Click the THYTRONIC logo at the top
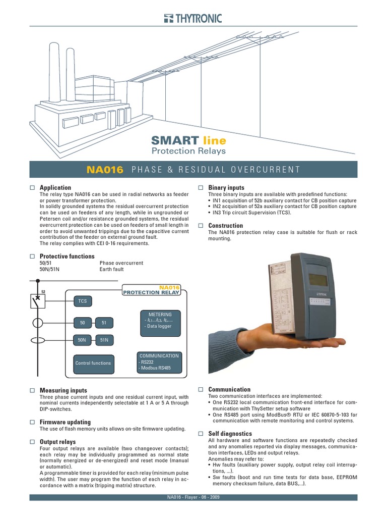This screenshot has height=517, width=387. coord(192,19)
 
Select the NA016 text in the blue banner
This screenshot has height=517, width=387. coord(105,170)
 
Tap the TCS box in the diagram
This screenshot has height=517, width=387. coord(82,301)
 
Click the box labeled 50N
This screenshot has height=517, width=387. coord(82,340)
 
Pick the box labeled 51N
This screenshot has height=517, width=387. coord(104,340)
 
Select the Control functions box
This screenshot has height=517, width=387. coord(93,363)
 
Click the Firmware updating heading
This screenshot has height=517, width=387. coord(65,422)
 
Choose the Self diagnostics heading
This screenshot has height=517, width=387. coord(230,434)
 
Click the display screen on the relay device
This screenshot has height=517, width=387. coord(318,279)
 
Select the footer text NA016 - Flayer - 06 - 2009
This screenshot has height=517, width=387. coord(193,498)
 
